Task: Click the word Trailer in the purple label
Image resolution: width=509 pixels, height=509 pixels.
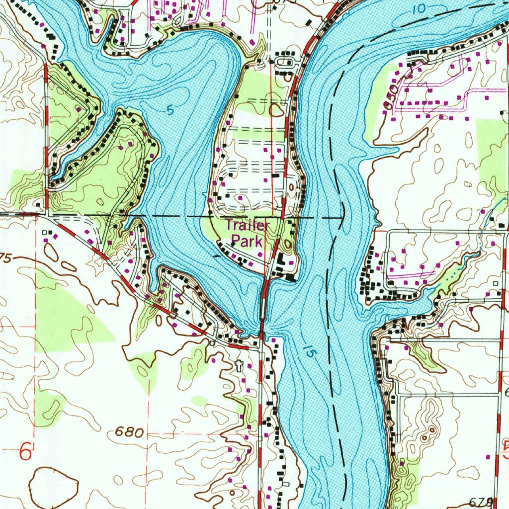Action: (x=247, y=226)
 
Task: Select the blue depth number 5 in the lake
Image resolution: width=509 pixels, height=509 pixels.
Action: (x=170, y=111)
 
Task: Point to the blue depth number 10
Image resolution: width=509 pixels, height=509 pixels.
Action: (x=419, y=8)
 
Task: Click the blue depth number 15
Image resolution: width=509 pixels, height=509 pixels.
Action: (x=309, y=352)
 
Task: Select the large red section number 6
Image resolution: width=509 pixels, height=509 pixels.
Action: (x=26, y=453)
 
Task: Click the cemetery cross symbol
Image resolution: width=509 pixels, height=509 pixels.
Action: (x=239, y=366)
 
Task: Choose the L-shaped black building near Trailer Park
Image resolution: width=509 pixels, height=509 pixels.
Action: (x=281, y=259)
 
